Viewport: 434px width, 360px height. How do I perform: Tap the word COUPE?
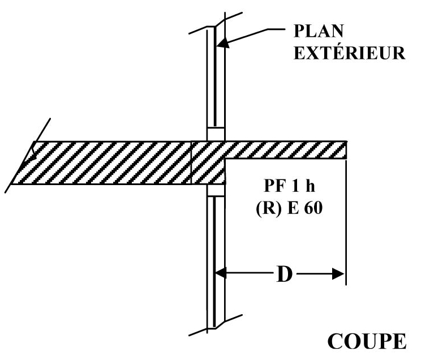(x=367, y=341)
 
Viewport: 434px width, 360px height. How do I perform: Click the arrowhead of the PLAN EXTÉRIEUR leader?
(x=224, y=42)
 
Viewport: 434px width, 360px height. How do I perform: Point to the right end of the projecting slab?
(x=345, y=149)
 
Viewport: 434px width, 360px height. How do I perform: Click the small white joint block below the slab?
(x=214, y=190)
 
